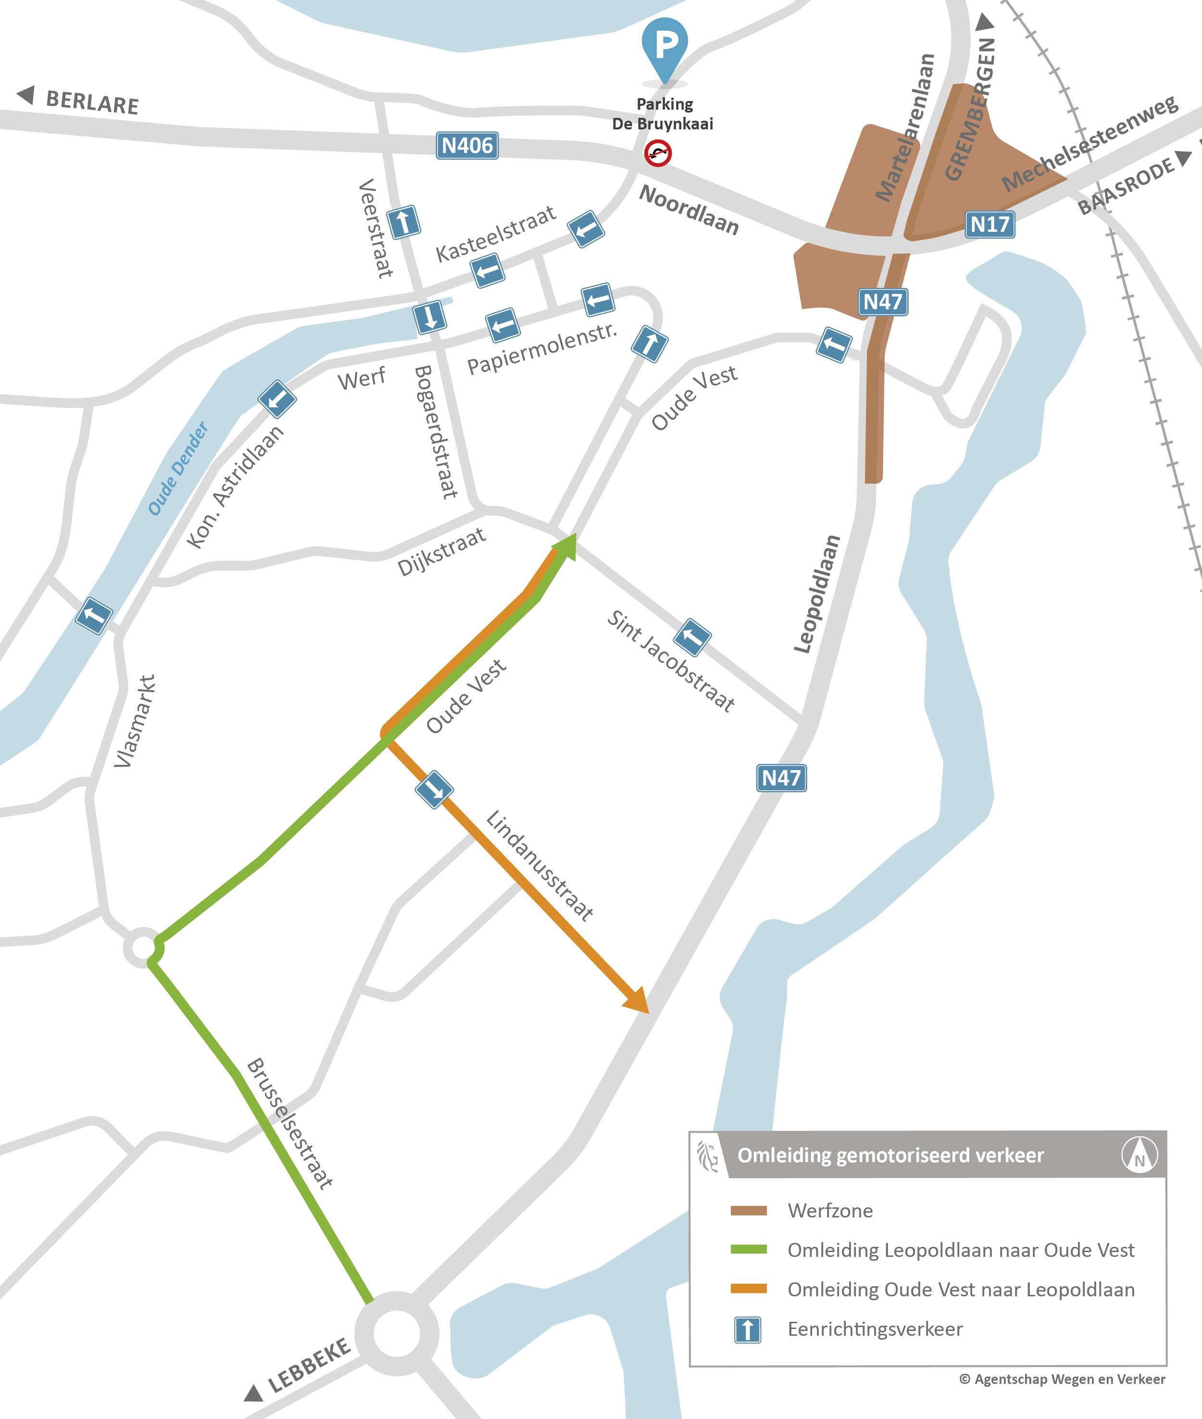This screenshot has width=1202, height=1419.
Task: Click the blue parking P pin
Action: pos(664,46)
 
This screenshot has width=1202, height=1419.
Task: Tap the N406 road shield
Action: pos(467,145)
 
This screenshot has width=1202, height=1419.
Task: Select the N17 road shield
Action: pos(989,224)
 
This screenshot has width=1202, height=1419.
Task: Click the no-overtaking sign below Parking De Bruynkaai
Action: pos(658,153)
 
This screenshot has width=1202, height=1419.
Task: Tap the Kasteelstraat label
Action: pos(496,234)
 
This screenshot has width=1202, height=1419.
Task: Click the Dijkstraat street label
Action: pos(441,551)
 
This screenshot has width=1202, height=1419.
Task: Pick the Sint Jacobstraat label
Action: pos(671,661)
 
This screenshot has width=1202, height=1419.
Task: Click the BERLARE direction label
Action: pos(92,102)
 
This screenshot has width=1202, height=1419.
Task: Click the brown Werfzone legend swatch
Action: pos(748,1210)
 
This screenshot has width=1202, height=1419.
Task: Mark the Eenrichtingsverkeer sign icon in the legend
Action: pos(748,1329)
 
